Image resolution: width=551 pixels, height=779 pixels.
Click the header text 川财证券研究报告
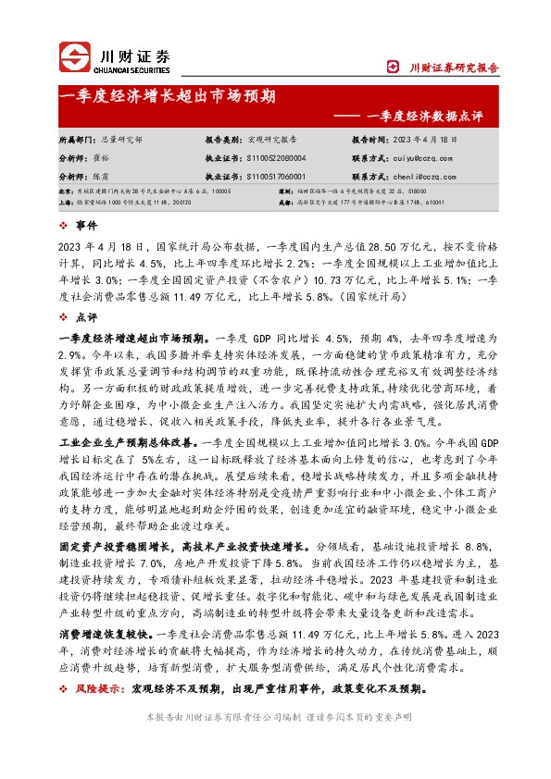coord(454,68)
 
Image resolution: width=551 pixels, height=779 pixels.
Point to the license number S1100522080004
coord(277,159)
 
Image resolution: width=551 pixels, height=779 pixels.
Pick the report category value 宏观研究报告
coord(272,138)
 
